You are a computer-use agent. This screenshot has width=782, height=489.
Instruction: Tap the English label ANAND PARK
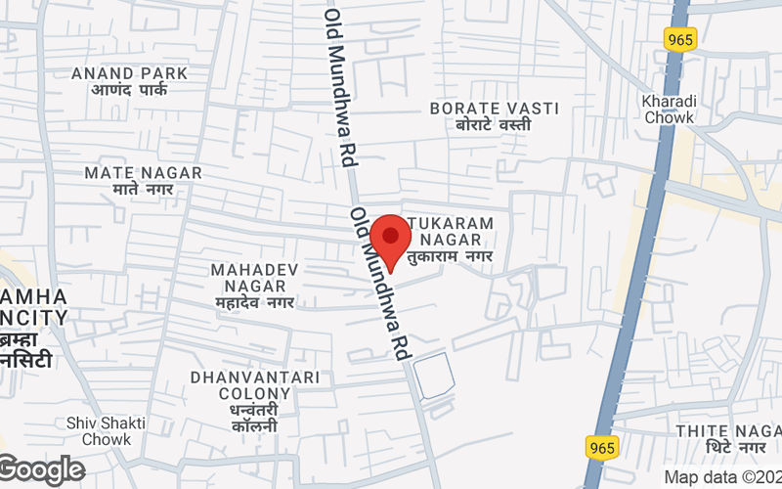point(130,73)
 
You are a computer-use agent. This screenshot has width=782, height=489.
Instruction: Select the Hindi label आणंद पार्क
point(130,90)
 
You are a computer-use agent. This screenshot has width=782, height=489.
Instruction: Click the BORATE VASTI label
point(495,108)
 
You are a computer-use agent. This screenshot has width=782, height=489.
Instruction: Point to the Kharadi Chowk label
point(669,109)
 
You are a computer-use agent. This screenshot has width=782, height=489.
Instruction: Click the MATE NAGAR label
point(143,172)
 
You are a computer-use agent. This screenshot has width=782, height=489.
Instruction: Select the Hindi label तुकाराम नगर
point(451,256)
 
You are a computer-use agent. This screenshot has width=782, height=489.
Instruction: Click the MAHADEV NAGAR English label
point(255,277)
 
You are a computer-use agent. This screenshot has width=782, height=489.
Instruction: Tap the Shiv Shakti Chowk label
point(107,431)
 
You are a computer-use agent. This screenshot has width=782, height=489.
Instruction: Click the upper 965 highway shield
point(679,39)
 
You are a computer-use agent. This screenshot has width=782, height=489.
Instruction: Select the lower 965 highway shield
point(603,447)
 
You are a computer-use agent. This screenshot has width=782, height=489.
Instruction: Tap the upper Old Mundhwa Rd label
point(339,88)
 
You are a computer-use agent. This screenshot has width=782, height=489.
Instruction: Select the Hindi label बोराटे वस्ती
point(495,125)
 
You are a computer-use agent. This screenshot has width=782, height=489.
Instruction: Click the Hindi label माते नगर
point(143,189)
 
